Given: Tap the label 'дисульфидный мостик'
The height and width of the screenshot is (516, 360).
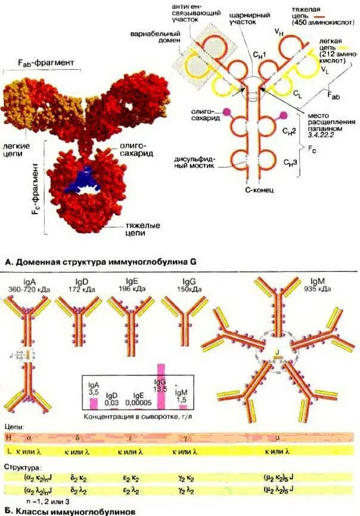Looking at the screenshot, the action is [x=199, y=162].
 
